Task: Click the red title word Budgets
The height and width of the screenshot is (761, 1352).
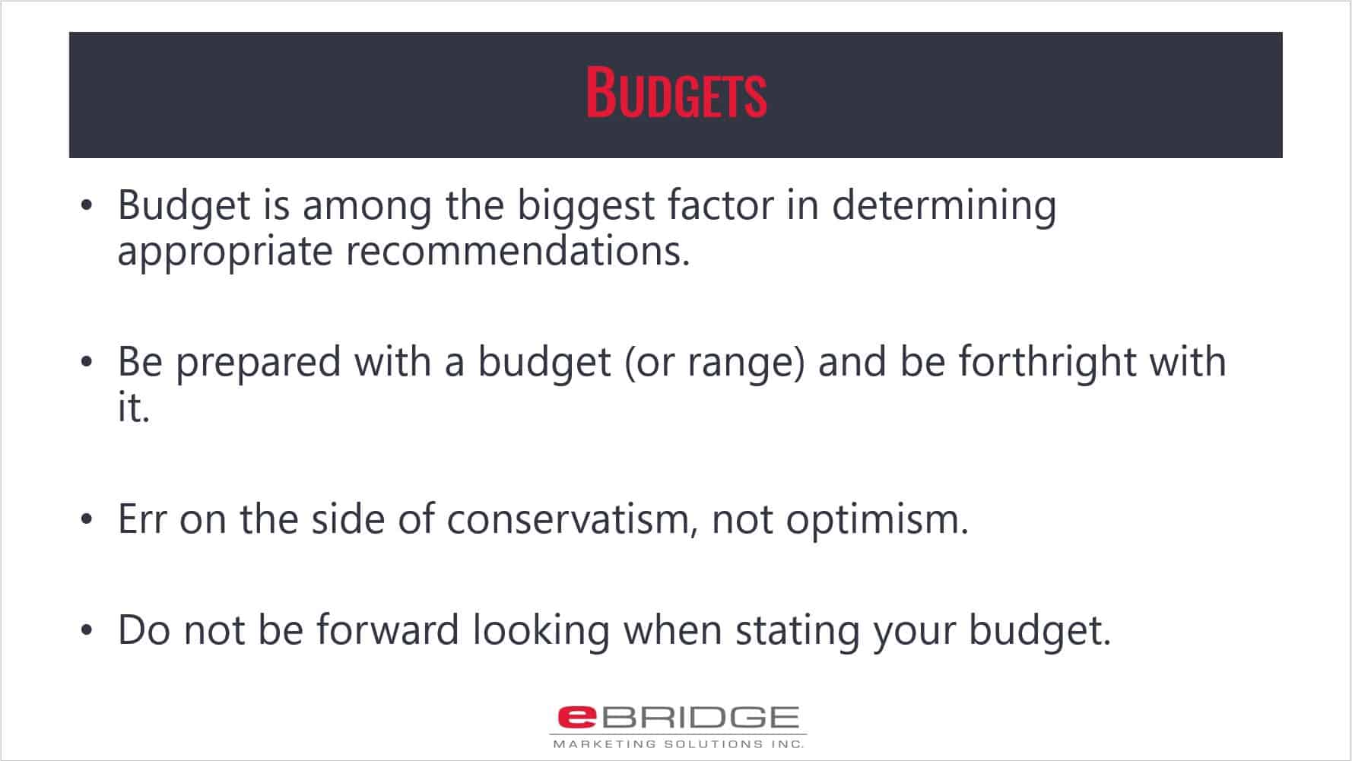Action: tap(676, 94)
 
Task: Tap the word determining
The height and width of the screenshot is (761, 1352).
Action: tap(944, 208)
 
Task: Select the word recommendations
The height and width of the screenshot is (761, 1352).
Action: tap(518, 252)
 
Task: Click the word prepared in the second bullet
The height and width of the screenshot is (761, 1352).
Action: tap(259, 363)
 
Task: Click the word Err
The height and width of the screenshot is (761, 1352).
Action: tap(142, 520)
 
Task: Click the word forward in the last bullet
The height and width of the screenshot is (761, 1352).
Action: tap(387, 630)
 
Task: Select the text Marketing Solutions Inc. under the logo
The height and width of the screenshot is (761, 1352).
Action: tap(678, 744)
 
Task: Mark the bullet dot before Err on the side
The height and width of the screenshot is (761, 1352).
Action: tap(87, 521)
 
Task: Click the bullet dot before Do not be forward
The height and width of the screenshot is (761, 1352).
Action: tap(87, 631)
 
